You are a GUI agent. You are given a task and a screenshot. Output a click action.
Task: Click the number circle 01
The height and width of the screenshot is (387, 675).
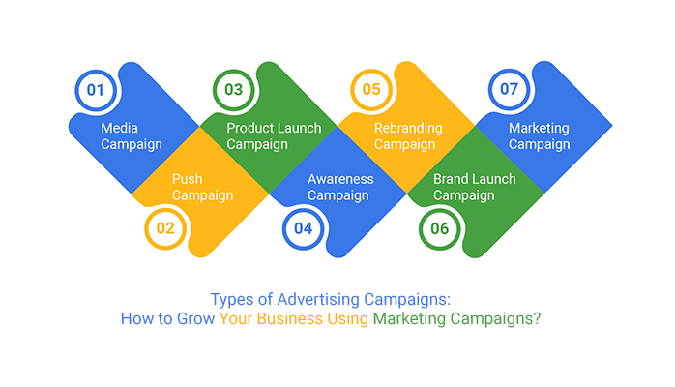95,91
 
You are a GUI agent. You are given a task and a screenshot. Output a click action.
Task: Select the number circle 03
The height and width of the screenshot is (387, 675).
233,91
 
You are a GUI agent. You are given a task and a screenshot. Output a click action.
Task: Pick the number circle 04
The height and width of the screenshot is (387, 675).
303,229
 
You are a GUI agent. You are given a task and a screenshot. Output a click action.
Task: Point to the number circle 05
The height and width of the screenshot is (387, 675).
370,91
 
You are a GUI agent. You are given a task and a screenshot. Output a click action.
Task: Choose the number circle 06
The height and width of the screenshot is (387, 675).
440,229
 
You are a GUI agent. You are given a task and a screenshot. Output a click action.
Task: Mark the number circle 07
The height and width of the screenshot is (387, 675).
509,91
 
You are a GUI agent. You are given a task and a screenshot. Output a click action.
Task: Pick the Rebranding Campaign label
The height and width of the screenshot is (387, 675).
408,136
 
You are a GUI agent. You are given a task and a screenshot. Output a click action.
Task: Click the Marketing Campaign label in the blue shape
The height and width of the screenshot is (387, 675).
539,136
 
